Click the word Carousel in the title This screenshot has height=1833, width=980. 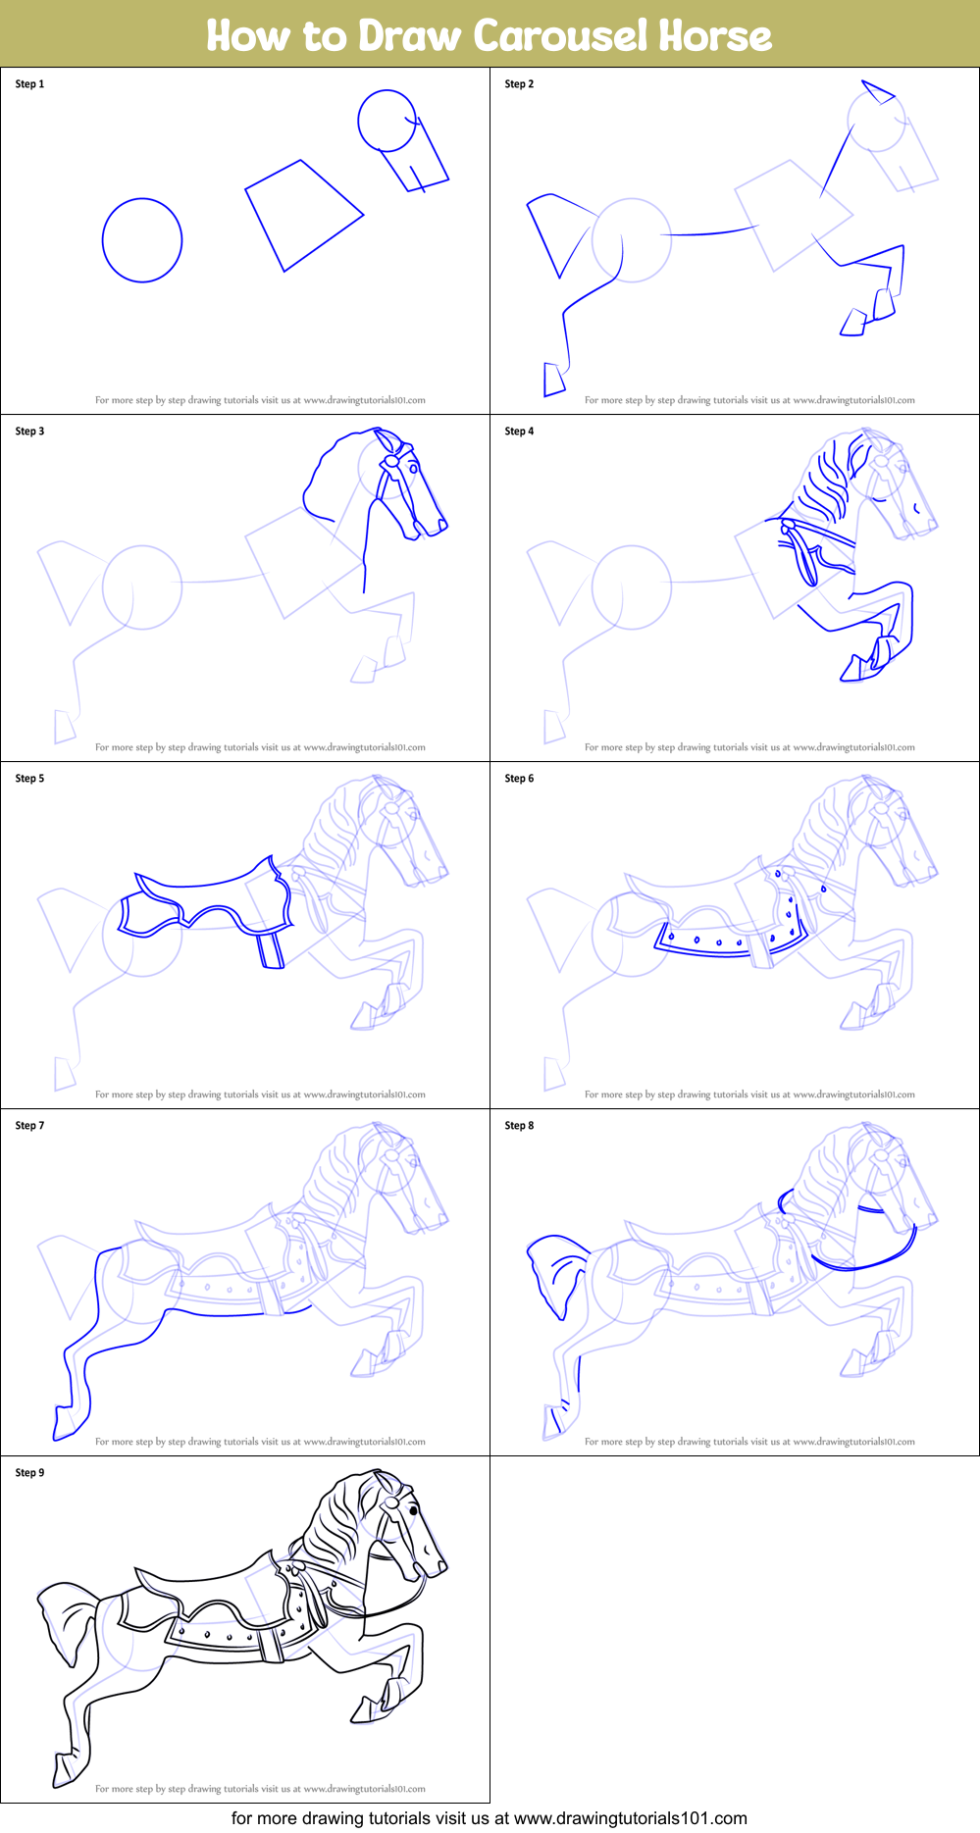[561, 36]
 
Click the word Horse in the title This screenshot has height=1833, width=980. [715, 36]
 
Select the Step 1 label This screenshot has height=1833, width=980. [29, 84]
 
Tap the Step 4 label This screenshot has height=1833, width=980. [519, 432]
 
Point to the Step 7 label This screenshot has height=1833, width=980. [29, 1126]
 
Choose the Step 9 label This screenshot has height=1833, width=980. [29, 1473]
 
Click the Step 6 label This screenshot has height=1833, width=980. [519, 779]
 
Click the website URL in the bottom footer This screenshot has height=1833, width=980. [631, 1818]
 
